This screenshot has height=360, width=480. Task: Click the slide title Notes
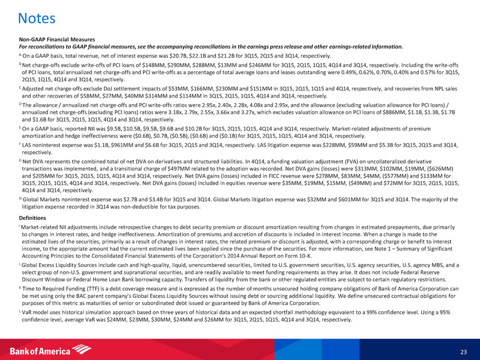point(36,19)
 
